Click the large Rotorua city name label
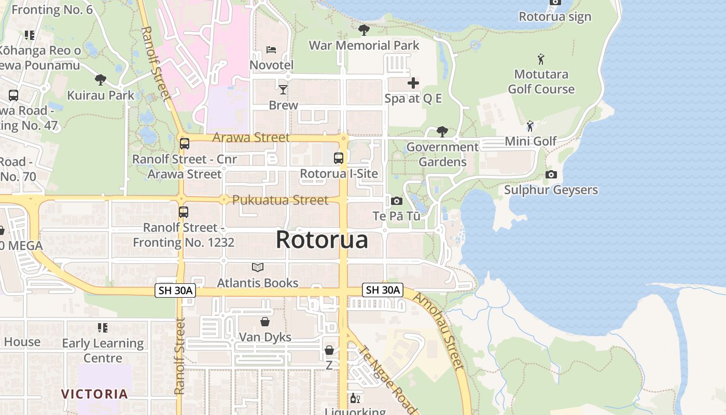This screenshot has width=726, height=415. (x=322, y=240)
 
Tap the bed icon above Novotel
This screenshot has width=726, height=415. (x=271, y=50)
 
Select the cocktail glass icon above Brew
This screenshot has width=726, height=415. (x=283, y=90)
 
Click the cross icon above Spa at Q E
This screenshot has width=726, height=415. (x=413, y=82)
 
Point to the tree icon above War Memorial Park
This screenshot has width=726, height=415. (x=364, y=30)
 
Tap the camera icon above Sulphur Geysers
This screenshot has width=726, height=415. (x=551, y=174)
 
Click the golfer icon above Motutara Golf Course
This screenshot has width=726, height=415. (x=541, y=59)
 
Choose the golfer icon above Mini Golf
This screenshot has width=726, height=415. (x=530, y=126)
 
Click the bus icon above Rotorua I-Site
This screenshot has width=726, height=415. (x=339, y=158)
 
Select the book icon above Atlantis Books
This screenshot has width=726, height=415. (x=258, y=267)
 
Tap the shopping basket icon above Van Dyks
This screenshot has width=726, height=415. (x=265, y=322)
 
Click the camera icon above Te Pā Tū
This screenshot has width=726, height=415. (x=397, y=201)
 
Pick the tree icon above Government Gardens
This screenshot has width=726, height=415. (x=442, y=132)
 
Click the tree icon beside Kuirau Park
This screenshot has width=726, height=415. (x=101, y=80)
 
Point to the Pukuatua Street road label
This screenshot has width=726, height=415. (x=280, y=200)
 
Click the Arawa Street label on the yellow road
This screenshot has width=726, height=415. (x=251, y=137)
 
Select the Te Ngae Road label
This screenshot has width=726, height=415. (x=387, y=379)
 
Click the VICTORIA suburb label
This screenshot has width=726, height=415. (x=95, y=394)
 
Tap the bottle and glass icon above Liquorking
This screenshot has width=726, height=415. (x=355, y=398)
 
